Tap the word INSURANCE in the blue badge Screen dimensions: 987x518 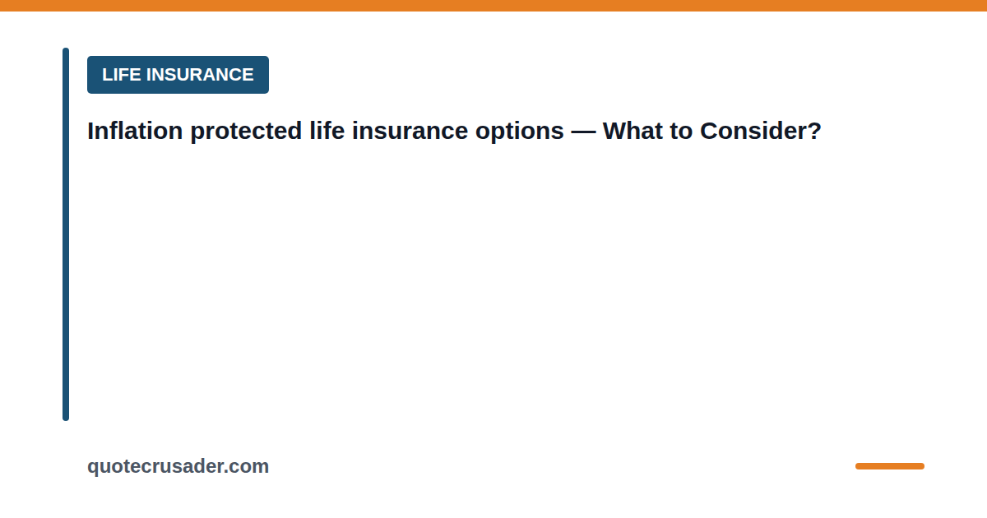(200, 75)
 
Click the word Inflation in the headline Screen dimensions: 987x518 (135, 131)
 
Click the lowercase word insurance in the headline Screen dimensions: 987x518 (410, 131)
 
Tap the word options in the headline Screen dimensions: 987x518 (520, 132)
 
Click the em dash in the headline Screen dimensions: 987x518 (583, 132)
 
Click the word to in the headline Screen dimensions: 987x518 (681, 132)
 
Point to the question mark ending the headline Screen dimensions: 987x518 (811, 131)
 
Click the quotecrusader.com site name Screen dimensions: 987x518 (178, 467)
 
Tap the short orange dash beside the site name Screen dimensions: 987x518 (890, 466)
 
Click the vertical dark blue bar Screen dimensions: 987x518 (66, 234)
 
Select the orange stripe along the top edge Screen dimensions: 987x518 (493, 5)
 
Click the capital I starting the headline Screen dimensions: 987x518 (90, 131)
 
